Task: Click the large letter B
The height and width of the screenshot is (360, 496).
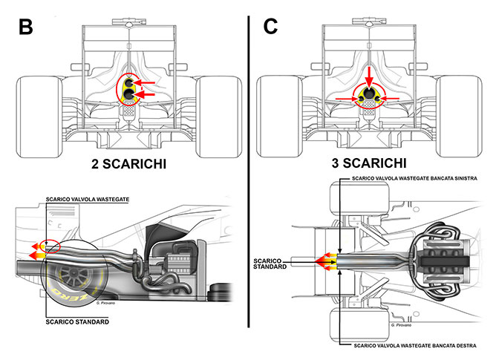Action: (26, 27)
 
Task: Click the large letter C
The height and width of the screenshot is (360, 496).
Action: (270, 26)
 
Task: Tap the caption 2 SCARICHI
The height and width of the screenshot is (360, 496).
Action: (128, 164)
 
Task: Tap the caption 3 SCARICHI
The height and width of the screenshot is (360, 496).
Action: (369, 163)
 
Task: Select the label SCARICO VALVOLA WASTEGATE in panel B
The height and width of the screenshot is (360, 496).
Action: (88, 199)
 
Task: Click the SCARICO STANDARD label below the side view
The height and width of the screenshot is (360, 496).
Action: (77, 321)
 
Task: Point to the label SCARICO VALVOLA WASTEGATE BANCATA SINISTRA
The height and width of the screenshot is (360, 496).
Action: (414, 178)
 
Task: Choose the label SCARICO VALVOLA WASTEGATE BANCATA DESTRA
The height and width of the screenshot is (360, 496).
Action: (415, 345)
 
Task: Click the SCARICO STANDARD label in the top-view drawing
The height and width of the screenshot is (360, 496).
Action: (270, 264)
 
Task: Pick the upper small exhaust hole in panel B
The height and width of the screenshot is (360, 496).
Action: (129, 83)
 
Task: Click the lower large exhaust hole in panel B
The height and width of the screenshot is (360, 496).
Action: (129, 94)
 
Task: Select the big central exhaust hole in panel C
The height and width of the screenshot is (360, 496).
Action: (369, 93)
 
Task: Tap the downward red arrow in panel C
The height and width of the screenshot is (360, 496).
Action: (370, 76)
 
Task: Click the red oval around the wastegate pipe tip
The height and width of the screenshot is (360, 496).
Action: (52, 246)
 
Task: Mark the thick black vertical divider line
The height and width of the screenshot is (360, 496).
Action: (249, 171)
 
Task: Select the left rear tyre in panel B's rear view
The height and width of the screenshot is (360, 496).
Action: (39, 117)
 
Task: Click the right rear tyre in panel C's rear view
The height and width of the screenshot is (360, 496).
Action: (459, 116)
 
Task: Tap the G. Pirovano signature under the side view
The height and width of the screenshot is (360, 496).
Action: (105, 303)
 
